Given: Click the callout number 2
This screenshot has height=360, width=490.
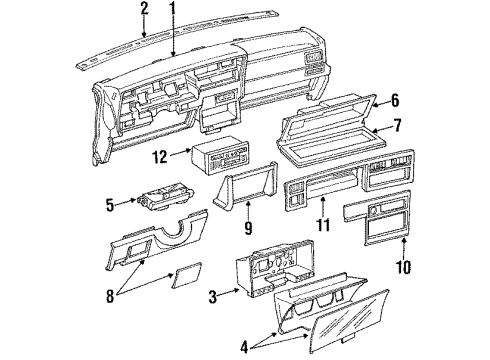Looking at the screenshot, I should pyautogui.click(x=144, y=11).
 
